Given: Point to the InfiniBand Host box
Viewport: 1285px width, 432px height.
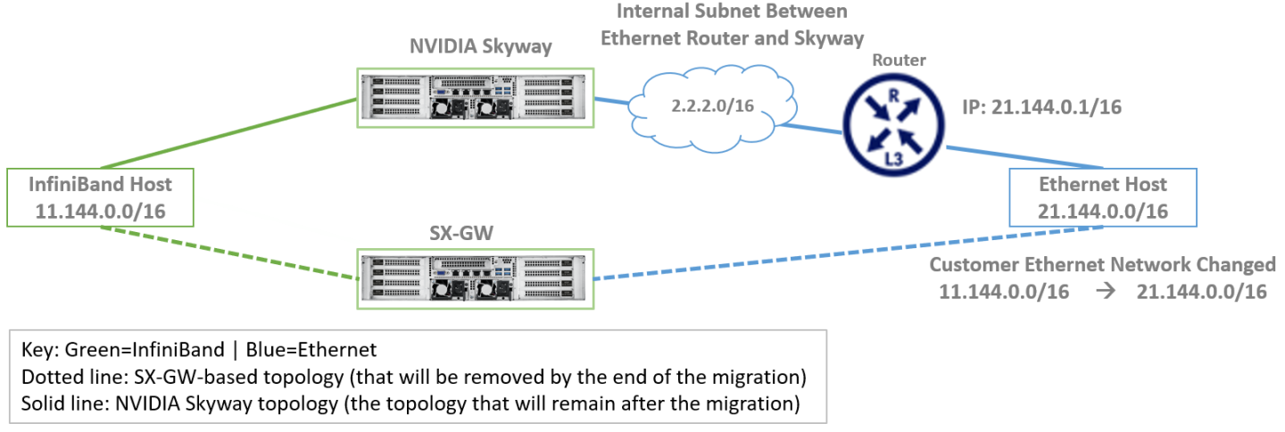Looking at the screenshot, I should [x=101, y=199].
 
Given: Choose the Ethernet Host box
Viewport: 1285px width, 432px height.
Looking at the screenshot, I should [x=1103, y=198].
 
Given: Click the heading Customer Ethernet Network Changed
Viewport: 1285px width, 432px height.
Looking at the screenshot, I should [x=1103, y=265].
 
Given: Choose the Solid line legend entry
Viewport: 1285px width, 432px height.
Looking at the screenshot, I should [x=407, y=403].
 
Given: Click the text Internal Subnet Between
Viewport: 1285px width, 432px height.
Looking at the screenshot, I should [x=731, y=12].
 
